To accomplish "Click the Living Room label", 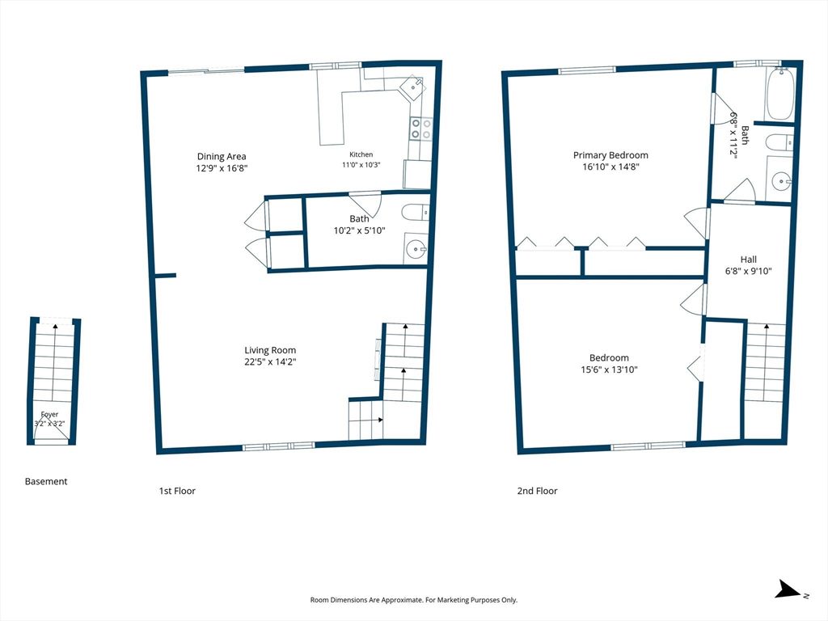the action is tap(270, 350).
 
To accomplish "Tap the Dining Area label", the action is tap(222, 156).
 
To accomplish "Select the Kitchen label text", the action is tap(361, 154).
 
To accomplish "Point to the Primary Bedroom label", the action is tap(610, 155).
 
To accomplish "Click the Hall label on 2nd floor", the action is tap(748, 260).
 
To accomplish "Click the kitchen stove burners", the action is tap(420, 129).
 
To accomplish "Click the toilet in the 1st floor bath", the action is tap(416, 213).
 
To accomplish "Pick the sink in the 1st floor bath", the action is tap(417, 248).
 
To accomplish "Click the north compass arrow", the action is tap(788, 589).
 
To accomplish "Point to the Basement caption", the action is tap(46, 481).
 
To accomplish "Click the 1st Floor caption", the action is tap(177, 491).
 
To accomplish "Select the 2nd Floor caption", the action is tap(537, 491).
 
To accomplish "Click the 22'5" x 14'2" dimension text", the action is tap(270, 362).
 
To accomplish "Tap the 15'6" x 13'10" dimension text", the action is tap(609, 370).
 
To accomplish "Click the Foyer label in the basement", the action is tap(49, 415).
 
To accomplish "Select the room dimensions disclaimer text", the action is tap(413, 600).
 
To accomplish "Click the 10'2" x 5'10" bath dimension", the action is tap(359, 230).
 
